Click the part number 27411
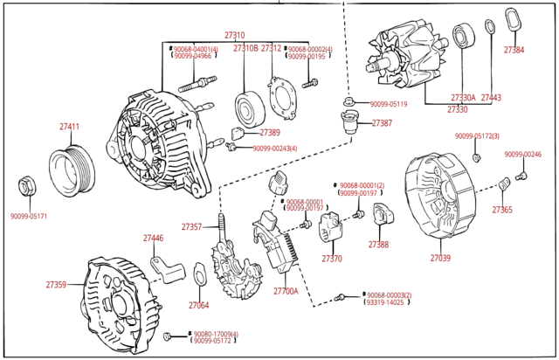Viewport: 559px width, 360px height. [x=69, y=128]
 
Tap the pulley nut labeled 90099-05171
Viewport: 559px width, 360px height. [x=26, y=186]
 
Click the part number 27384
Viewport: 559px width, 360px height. [x=514, y=50]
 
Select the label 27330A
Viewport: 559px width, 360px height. [x=463, y=98]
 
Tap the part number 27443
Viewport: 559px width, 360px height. [x=491, y=98]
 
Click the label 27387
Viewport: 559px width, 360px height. [x=382, y=123]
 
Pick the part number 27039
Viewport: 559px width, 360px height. [x=440, y=259]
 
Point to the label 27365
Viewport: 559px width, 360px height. [x=502, y=210]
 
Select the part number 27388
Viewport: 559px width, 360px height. [x=378, y=245]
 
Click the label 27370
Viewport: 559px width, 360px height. [x=332, y=259]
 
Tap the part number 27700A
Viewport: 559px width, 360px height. [x=286, y=291]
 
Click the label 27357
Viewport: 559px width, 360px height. [x=191, y=227]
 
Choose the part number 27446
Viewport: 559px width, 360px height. [x=153, y=238]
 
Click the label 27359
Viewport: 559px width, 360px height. [x=56, y=285]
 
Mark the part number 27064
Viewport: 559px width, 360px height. [x=198, y=306]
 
